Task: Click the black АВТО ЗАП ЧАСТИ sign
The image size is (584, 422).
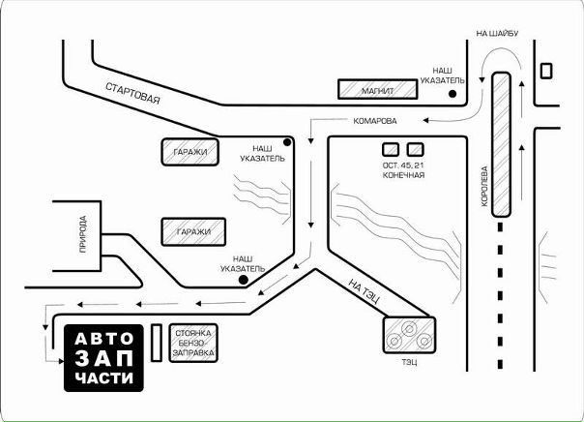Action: pyautogui.click(x=103, y=358)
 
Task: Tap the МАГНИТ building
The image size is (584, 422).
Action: pyautogui.click(x=378, y=89)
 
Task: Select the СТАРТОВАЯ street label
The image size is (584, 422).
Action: pyautogui.click(x=133, y=93)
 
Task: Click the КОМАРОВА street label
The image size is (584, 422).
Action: pyautogui.click(x=375, y=121)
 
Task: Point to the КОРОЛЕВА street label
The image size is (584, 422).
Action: pyautogui.click(x=484, y=186)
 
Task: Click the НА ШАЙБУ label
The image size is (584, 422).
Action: pyautogui.click(x=497, y=33)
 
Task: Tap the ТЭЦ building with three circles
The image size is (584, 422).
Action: pyautogui.click(x=409, y=334)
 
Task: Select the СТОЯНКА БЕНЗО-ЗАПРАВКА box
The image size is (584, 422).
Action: pyautogui.click(x=193, y=343)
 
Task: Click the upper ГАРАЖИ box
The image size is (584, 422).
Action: pyautogui.click(x=190, y=152)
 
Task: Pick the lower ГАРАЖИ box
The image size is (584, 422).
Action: pyautogui.click(x=193, y=232)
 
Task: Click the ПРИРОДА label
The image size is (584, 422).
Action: pyautogui.click(x=83, y=234)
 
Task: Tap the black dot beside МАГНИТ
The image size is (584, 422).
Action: pyautogui.click(x=453, y=94)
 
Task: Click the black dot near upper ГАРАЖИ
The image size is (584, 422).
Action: pyautogui.click(x=287, y=142)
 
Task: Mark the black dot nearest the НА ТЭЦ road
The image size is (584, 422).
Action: pyautogui.click(x=244, y=280)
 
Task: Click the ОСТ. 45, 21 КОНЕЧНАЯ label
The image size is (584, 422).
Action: pyautogui.click(x=403, y=170)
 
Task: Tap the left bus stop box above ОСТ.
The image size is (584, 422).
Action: pyautogui.click(x=391, y=149)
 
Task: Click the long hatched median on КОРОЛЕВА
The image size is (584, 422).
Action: pyautogui.click(x=501, y=144)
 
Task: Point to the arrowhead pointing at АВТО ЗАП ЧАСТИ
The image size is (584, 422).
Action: pyautogui.click(x=62, y=361)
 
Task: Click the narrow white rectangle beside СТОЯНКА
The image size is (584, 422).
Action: pyautogui.click(x=157, y=343)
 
